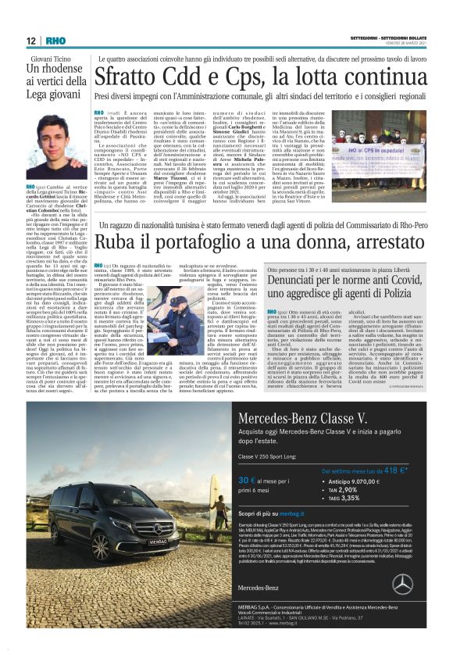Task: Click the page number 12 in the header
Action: coord(30,41)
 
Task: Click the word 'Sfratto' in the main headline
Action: coord(128,77)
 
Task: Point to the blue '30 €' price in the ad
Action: coord(248,481)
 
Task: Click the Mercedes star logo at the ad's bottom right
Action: coord(402,584)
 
